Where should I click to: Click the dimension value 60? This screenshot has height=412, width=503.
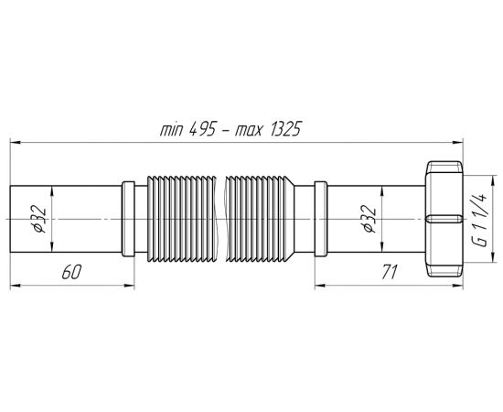click(x=72, y=272)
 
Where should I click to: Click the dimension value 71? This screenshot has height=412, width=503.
click(x=390, y=272)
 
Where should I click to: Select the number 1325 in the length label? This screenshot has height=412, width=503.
click(x=285, y=129)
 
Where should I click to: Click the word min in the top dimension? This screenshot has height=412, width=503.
click(x=172, y=130)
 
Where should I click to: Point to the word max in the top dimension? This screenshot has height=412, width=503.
click(x=249, y=130)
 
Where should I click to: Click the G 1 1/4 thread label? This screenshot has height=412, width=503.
click(x=480, y=219)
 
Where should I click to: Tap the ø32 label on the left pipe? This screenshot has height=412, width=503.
click(x=39, y=219)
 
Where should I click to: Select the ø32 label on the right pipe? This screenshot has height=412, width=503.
click(x=369, y=219)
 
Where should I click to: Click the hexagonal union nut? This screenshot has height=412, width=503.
click(x=444, y=219)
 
